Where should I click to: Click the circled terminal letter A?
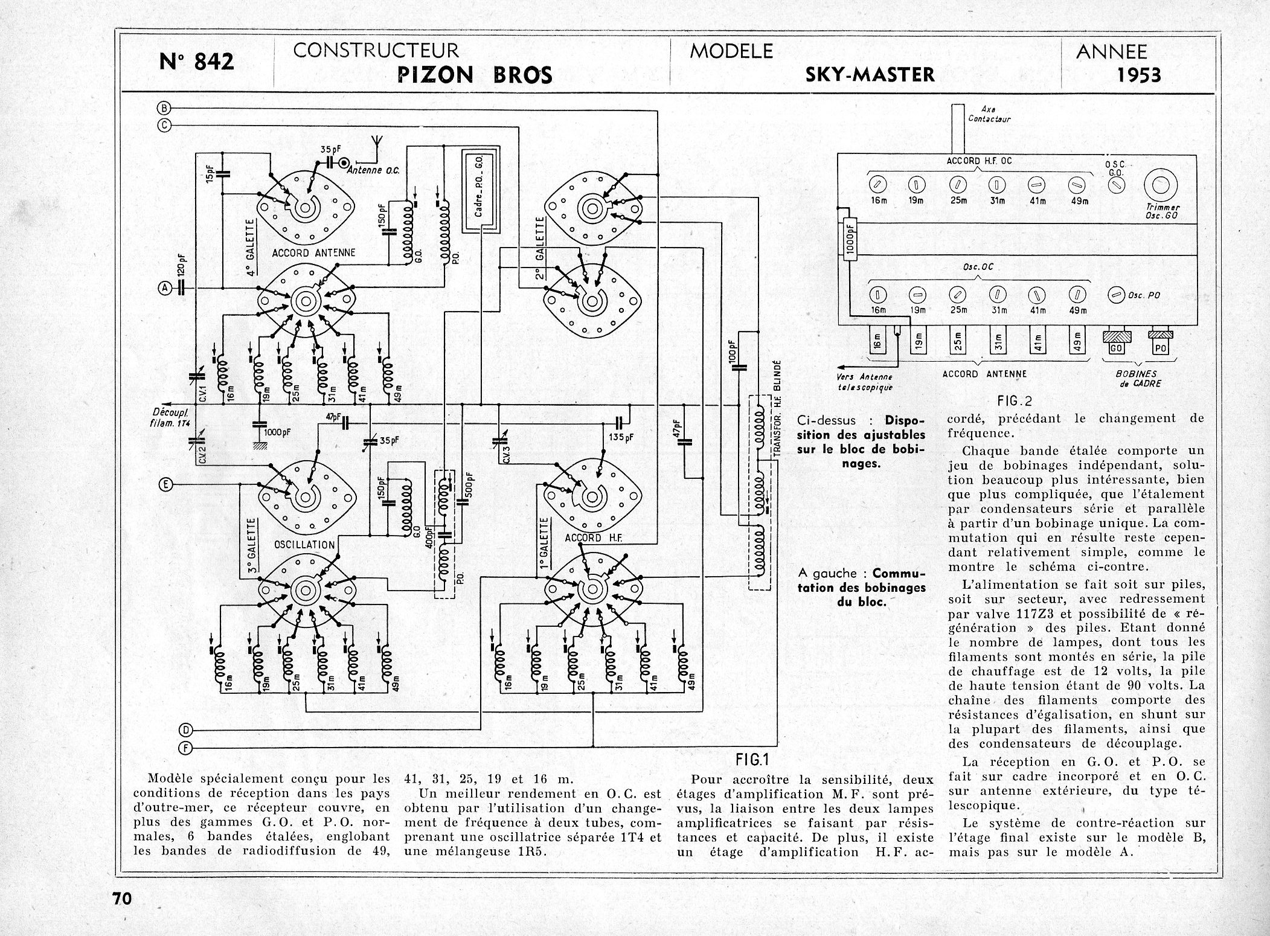tap(164, 289)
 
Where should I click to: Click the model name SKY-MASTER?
tap(870, 74)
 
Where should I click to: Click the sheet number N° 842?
tap(196, 61)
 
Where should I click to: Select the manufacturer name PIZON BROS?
tap(475, 75)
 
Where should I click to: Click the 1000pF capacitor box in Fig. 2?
tap(850, 240)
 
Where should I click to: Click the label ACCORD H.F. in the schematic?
tap(592, 537)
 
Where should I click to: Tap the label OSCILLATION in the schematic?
tap(304, 544)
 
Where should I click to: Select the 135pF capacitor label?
tap(620, 437)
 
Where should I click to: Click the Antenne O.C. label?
tap(374, 171)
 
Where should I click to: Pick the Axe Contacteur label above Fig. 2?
tap(989, 115)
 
